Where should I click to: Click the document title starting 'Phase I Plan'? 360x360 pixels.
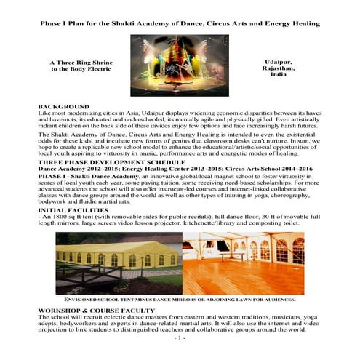tap(180, 23)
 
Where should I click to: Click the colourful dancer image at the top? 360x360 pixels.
tap(179, 65)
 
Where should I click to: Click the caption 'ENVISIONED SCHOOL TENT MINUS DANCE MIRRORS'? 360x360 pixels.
tap(179, 299)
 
